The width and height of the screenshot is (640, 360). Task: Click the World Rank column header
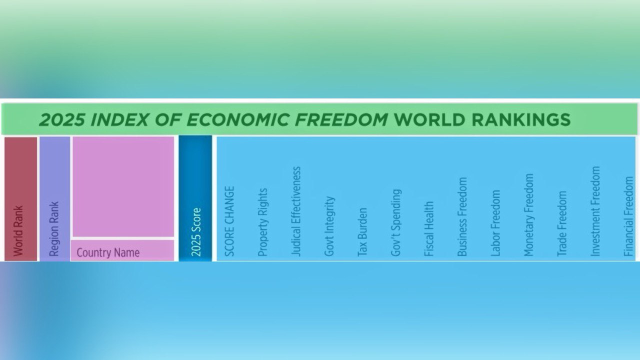point(18,231)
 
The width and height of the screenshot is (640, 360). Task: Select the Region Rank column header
point(54,229)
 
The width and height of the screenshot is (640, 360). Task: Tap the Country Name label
point(108,252)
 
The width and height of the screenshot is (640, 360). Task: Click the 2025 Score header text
point(196,232)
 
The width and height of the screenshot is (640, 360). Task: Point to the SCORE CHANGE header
point(229,221)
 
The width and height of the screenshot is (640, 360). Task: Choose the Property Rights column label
point(262,222)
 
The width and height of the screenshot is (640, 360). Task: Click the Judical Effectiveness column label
point(296,211)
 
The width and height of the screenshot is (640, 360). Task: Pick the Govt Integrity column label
point(329,226)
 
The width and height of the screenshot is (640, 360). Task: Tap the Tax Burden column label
point(362,231)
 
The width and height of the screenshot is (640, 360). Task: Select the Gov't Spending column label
point(395,222)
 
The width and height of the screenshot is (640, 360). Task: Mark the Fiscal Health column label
point(429,229)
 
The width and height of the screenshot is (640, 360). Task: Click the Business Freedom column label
point(462,216)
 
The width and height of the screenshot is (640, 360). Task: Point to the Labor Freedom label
point(495,223)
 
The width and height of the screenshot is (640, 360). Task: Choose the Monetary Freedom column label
point(528,215)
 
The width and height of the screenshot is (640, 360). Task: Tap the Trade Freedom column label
point(561,223)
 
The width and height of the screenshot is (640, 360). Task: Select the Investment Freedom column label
point(595,211)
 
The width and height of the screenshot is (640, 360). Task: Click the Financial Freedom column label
point(628,216)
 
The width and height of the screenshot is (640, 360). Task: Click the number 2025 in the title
point(62,119)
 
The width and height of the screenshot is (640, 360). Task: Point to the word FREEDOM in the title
point(341,119)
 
